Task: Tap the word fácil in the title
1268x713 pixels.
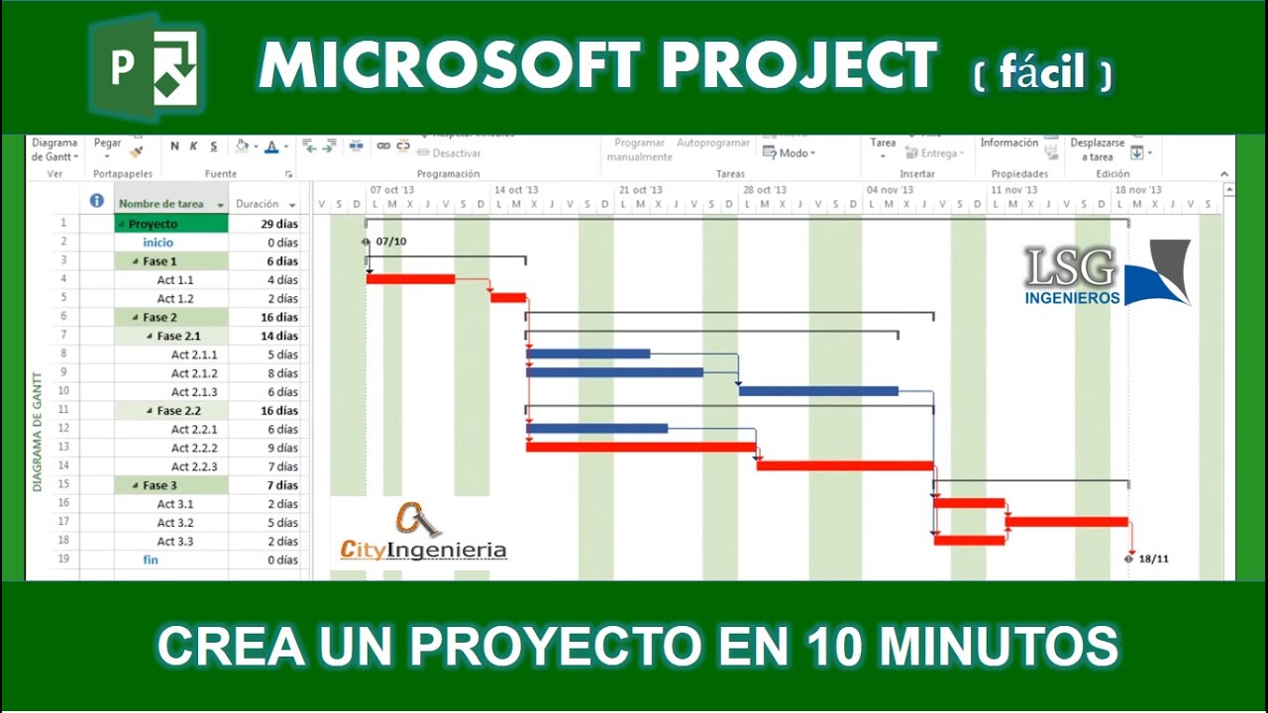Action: (x=1041, y=71)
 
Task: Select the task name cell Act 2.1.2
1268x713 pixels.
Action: (x=194, y=373)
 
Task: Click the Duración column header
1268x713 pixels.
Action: (x=258, y=204)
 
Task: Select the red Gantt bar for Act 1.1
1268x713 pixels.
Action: (x=410, y=279)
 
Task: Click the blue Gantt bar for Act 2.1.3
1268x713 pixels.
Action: (x=818, y=391)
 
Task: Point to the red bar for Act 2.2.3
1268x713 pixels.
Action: (x=845, y=465)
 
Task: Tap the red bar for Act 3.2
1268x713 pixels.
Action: (x=1067, y=522)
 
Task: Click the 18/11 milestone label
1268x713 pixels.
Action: (x=1153, y=560)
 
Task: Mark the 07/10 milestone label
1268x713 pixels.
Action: (x=390, y=242)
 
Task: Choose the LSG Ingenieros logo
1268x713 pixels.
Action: (x=1106, y=273)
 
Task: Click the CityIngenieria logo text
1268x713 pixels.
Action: (x=423, y=551)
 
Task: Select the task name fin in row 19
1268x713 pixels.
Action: (x=151, y=560)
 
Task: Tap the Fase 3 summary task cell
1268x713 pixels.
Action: (x=159, y=485)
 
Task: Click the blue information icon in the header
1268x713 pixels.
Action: (x=97, y=201)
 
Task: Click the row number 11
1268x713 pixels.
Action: (x=63, y=410)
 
